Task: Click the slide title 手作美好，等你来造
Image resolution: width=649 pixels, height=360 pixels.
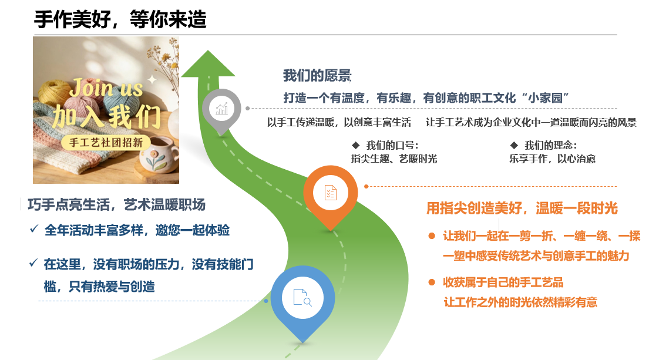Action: click(x=120, y=19)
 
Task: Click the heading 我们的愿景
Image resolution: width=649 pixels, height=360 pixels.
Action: click(x=317, y=76)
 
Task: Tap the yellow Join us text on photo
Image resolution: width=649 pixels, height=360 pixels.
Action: click(x=107, y=88)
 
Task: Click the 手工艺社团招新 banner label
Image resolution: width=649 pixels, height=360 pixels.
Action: click(x=106, y=143)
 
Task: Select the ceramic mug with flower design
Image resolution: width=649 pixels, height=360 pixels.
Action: click(x=158, y=155)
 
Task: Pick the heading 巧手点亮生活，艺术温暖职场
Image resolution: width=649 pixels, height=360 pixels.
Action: click(x=117, y=205)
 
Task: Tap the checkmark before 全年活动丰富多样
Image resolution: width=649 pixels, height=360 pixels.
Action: click(x=34, y=229)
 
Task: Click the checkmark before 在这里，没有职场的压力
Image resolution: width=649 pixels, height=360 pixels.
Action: click(x=33, y=263)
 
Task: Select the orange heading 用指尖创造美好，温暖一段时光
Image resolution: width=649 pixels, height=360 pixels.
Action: click(x=522, y=208)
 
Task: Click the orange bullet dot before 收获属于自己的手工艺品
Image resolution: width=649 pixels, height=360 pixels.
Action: click(x=432, y=282)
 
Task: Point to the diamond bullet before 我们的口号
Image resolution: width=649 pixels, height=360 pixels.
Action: click(x=355, y=145)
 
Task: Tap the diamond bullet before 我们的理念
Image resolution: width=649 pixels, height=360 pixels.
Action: click(x=514, y=145)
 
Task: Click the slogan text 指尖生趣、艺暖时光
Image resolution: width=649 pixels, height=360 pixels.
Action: click(x=394, y=159)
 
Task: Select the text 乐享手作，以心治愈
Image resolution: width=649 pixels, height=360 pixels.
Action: click(x=552, y=159)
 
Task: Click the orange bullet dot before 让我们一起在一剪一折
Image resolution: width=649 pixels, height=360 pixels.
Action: click(x=432, y=236)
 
